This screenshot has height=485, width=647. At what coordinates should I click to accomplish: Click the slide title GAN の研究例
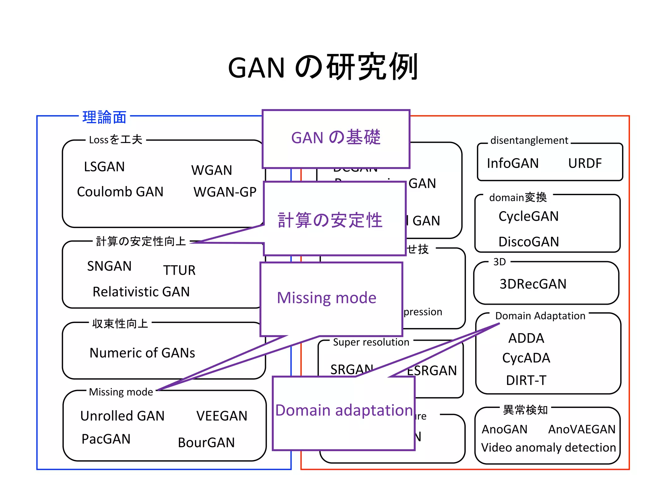pyautogui.click(x=323, y=67)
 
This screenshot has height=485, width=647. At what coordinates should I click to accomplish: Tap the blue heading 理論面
pyautogui.click(x=104, y=117)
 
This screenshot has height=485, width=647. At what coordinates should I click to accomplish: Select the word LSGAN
pyautogui.click(x=104, y=167)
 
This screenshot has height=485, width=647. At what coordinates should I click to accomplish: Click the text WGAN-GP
pyautogui.click(x=225, y=192)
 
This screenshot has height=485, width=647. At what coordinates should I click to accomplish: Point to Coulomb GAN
pyautogui.click(x=120, y=192)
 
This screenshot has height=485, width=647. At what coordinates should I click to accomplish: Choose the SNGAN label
pyautogui.click(x=109, y=266)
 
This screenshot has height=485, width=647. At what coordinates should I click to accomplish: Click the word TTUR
pyautogui.click(x=179, y=270)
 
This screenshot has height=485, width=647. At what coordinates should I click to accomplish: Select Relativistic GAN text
pyautogui.click(x=141, y=291)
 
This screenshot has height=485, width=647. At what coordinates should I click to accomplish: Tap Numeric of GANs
pyautogui.click(x=142, y=353)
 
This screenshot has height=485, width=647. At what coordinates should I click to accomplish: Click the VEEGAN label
pyautogui.click(x=222, y=416)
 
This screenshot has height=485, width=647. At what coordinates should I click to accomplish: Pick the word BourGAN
pyautogui.click(x=206, y=442)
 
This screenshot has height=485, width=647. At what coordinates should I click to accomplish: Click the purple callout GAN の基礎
pyautogui.click(x=336, y=138)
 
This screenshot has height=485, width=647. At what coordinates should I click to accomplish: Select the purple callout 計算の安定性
pyautogui.click(x=330, y=220)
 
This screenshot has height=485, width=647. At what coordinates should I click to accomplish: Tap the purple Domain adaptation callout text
pyautogui.click(x=344, y=410)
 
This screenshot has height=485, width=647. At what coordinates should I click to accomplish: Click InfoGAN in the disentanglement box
pyautogui.click(x=513, y=163)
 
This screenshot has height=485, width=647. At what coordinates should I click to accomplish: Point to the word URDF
pyautogui.click(x=585, y=163)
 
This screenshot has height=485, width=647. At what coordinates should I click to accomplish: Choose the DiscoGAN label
pyautogui.click(x=529, y=242)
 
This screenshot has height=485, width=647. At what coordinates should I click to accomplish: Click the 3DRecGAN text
pyautogui.click(x=533, y=284)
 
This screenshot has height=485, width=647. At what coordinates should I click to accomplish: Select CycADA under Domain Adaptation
pyautogui.click(x=526, y=358)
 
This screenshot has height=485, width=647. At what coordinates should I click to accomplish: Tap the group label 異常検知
pyautogui.click(x=525, y=410)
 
